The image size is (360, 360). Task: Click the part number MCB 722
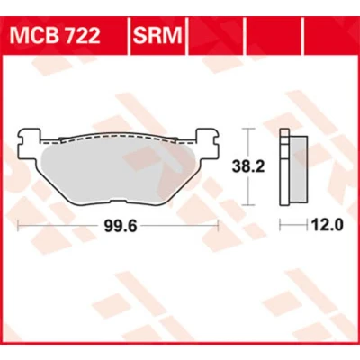(55, 36)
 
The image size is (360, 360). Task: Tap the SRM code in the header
(157, 36)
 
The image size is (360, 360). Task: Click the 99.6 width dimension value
(121, 226)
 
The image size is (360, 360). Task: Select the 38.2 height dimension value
(248, 166)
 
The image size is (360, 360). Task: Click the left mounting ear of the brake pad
(30, 143)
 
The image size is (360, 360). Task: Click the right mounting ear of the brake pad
(208, 143)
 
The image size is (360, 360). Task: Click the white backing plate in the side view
(283, 167)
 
